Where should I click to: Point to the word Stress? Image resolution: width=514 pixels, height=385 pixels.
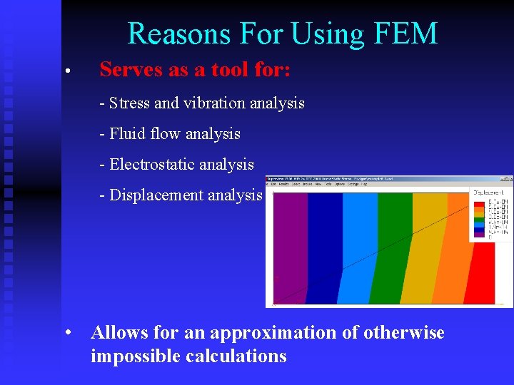[129, 103]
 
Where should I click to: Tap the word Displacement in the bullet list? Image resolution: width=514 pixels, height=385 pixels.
[156, 195]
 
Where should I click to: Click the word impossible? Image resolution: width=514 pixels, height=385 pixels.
[135, 356]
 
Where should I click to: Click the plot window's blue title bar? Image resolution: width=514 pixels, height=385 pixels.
[389, 179]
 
